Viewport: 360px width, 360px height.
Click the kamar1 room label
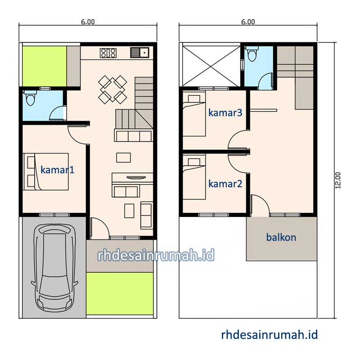58,170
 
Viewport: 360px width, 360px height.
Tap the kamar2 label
225,184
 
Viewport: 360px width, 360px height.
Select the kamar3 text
225,112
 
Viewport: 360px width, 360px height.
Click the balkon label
281,237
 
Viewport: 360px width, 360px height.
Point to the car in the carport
54,268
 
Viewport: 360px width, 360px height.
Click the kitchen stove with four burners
108,53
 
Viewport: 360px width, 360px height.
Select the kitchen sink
139,53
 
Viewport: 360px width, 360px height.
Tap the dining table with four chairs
112,90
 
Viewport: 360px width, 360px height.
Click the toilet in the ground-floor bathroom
30,98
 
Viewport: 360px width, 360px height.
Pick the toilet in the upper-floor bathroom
252,54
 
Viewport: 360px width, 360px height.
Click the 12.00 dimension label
338,180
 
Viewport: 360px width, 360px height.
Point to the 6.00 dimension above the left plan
88,22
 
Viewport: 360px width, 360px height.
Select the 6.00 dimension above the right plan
248,22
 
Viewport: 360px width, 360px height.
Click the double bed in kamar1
46,171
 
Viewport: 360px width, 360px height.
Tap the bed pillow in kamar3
194,99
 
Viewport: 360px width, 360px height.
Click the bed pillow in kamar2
194,162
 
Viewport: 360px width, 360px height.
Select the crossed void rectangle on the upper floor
211,66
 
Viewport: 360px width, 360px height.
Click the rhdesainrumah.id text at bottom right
270,335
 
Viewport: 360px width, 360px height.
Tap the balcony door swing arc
264,201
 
